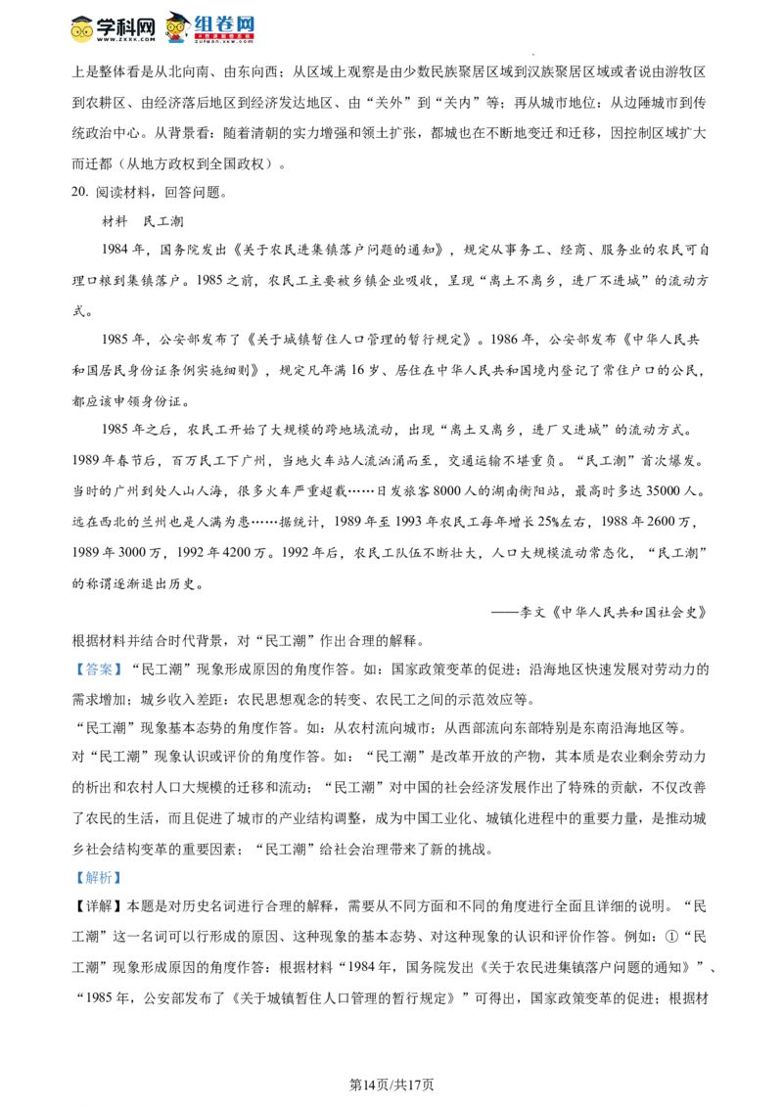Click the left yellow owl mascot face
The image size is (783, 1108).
82,31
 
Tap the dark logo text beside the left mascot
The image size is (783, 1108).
126,28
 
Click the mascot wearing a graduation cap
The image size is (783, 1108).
176,28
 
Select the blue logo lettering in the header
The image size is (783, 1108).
224,23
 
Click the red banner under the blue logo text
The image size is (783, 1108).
224,37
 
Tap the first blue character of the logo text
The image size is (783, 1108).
202,23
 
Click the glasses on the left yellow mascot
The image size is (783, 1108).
82,30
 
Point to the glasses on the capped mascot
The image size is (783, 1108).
176,27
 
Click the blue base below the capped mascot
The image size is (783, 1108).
176,42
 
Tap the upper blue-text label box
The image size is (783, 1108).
98,669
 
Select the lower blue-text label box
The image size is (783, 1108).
98,877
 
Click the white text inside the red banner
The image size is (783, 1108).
224,37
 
